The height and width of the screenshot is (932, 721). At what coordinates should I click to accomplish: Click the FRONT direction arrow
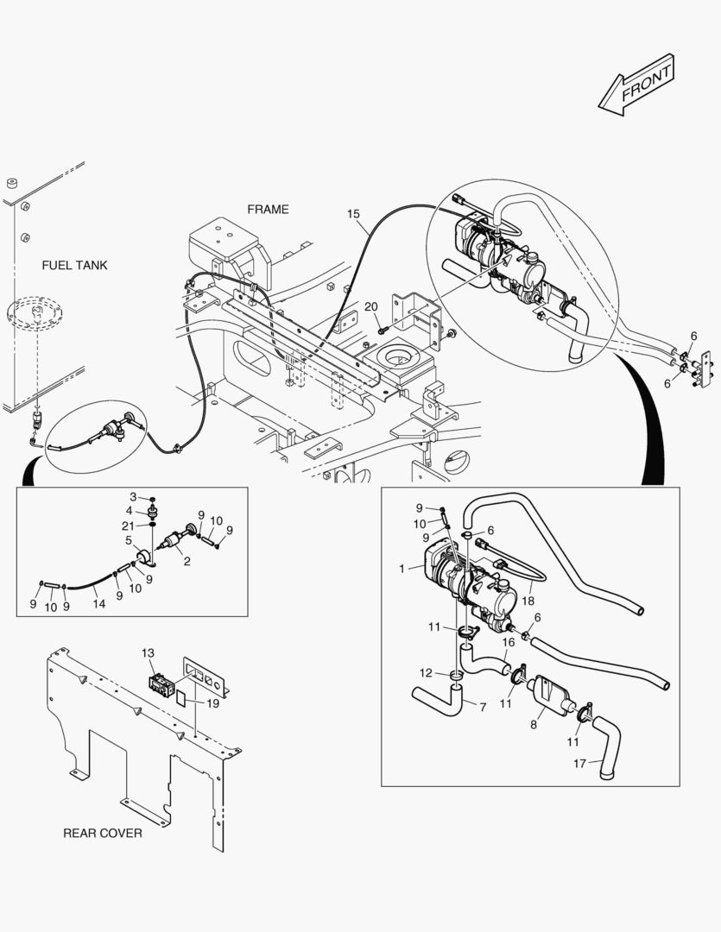pos(636,85)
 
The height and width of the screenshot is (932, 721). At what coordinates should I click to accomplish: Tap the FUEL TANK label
pos(74,265)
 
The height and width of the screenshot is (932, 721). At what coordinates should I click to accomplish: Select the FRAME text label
pos(268,209)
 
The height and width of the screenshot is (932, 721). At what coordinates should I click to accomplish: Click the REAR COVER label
pos(103,833)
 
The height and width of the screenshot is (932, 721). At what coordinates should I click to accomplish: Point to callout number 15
pos(353,213)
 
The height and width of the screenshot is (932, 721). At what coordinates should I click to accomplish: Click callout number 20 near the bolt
pos(370,307)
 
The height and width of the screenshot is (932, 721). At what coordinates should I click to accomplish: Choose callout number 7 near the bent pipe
pos(482,707)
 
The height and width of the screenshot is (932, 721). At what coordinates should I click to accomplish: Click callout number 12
pos(426,672)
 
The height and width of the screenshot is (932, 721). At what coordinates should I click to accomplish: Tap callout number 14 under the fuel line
pos(99,604)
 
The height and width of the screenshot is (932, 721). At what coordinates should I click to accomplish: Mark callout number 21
pos(128,526)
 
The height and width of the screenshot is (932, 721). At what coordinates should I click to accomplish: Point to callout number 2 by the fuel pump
pos(187,560)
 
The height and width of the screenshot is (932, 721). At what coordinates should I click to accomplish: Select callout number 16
pos(509,641)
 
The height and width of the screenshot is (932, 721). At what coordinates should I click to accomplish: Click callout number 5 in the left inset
pos(129,541)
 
